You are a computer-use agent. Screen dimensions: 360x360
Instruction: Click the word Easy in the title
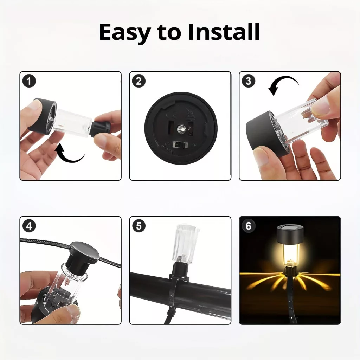tap(125, 32)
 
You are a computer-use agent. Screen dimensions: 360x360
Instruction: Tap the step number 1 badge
tap(29, 81)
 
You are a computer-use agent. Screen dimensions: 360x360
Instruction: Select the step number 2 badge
tap(139, 81)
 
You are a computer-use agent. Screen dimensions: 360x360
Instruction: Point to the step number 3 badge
tap(249, 81)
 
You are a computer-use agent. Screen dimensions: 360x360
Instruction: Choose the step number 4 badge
tap(29, 226)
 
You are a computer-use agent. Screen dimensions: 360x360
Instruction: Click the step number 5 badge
tap(139, 226)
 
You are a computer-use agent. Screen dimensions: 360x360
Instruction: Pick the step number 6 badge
tap(249, 226)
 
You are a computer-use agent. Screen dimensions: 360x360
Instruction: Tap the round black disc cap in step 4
tap(85, 251)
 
